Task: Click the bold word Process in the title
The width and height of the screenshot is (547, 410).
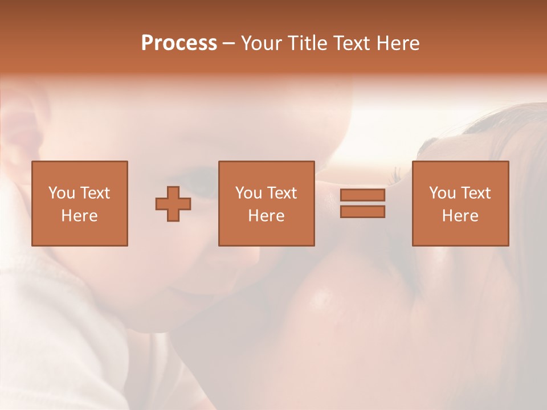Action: point(179,43)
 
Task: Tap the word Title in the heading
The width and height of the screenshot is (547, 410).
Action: point(309,43)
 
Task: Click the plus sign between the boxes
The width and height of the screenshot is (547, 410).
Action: point(173,204)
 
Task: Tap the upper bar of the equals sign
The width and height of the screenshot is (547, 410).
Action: point(362,195)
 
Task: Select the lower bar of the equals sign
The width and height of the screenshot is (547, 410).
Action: point(362,212)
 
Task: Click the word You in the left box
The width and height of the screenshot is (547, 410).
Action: point(62,193)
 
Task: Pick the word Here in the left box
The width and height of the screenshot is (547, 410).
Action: point(79,216)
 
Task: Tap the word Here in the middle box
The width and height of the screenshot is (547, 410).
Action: point(266,216)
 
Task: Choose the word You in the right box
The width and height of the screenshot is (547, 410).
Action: point(443,193)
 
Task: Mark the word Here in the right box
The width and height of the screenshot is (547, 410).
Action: point(460,216)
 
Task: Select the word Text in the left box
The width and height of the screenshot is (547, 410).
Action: point(95,193)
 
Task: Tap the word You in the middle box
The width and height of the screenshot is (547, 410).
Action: point(249,193)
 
